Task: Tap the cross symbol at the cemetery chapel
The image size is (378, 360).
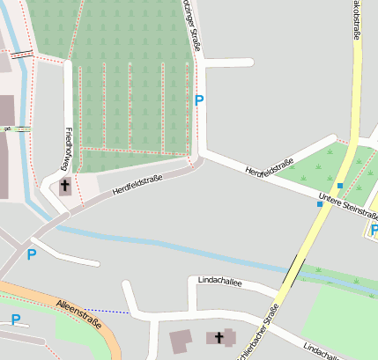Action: [65, 186]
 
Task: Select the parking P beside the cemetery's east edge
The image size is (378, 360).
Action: [199, 100]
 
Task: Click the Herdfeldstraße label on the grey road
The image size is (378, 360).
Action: [139, 181]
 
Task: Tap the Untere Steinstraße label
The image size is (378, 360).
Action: [348, 204]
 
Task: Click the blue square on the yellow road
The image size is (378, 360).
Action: [340, 185]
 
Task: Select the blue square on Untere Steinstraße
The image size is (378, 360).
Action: [320, 204]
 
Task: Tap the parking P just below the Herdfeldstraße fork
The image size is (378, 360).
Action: [32, 255]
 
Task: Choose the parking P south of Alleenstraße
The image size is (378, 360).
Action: [15, 320]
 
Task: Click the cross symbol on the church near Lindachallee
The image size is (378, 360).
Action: [219, 336]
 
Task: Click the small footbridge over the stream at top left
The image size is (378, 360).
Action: [22, 54]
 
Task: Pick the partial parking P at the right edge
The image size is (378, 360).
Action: [374, 230]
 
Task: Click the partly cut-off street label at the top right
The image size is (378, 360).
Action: [357, 19]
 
